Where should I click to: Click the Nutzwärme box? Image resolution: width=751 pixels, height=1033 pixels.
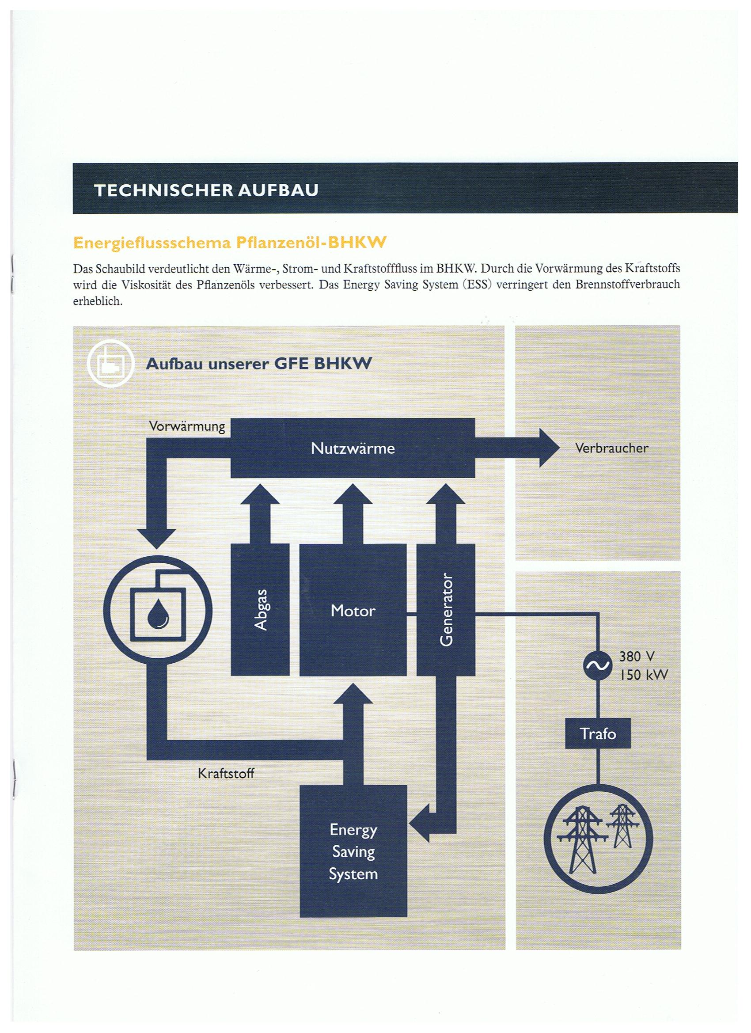(x=353, y=448)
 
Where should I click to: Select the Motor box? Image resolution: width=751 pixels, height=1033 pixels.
(x=353, y=610)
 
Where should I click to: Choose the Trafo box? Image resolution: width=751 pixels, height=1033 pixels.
(x=598, y=733)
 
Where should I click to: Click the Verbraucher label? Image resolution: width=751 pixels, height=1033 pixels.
(x=611, y=448)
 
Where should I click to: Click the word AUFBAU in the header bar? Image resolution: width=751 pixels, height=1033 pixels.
(x=278, y=190)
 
